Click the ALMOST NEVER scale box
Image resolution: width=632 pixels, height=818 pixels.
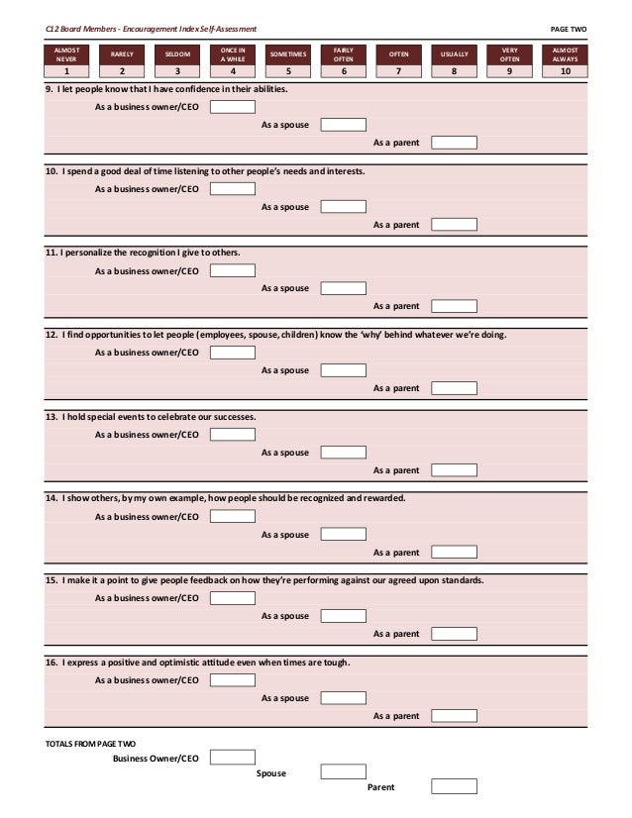click(x=67, y=53)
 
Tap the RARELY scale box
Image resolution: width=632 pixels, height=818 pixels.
click(x=123, y=53)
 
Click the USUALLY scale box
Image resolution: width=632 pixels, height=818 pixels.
click(x=455, y=53)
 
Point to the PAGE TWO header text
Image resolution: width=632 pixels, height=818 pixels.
click(x=569, y=30)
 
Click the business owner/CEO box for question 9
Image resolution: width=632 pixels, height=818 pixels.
click(x=232, y=107)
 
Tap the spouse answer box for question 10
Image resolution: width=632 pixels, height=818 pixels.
click(x=344, y=207)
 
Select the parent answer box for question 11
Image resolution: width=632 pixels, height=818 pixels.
click(x=455, y=306)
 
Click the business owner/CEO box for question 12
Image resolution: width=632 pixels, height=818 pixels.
click(x=232, y=352)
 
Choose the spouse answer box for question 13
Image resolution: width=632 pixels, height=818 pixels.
click(x=344, y=453)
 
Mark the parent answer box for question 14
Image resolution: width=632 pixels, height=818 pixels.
click(x=455, y=553)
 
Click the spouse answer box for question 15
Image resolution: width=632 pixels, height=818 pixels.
click(x=344, y=616)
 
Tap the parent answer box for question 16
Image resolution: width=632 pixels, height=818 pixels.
click(x=455, y=716)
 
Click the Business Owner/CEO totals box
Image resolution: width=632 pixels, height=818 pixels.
click(x=232, y=758)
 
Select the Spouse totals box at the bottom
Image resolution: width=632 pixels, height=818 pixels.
click(x=344, y=772)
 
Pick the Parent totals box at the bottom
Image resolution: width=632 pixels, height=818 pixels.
click(x=455, y=787)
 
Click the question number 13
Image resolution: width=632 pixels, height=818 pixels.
click(x=52, y=417)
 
